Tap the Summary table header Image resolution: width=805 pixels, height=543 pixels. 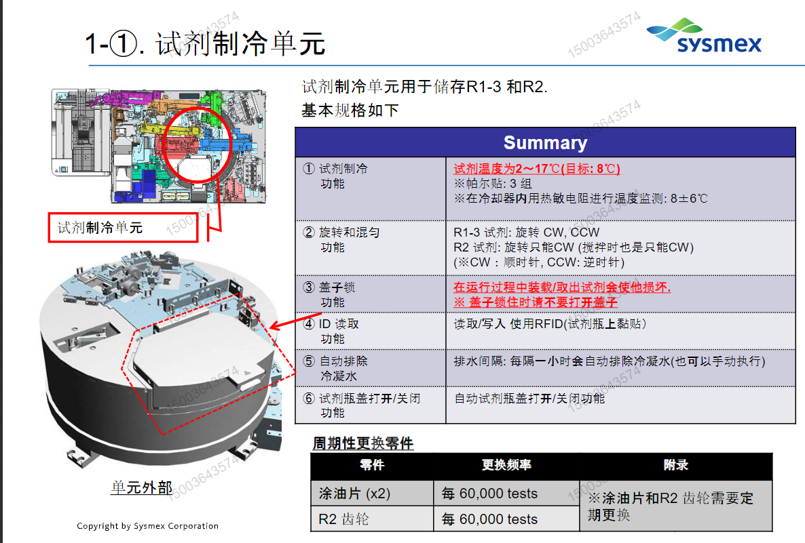coord(545,142)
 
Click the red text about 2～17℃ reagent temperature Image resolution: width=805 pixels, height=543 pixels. coord(536,169)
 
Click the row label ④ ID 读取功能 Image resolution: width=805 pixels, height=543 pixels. coord(339,331)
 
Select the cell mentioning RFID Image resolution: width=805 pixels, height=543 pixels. coord(550,324)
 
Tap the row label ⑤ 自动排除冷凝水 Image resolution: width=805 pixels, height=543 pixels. coord(343,368)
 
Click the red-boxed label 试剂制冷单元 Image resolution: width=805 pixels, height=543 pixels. coord(123,228)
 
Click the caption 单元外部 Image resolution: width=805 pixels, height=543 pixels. coord(141,487)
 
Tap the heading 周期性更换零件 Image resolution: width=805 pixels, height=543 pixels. coord(362,443)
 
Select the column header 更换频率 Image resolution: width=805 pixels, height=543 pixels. coord(506,465)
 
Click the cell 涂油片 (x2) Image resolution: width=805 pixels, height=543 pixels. coord(355,494)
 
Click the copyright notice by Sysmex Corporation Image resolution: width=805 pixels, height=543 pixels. coord(147,526)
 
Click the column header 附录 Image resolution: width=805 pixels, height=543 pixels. coord(675,465)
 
